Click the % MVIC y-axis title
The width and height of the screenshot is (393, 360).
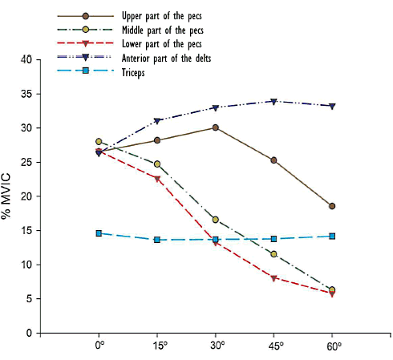click(x=7, y=196)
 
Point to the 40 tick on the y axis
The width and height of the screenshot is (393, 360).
click(x=26, y=59)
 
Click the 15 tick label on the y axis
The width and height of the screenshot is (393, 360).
click(x=26, y=231)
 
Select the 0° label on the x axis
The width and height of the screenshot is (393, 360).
click(x=99, y=347)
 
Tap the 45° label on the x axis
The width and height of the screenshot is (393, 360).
click(x=274, y=347)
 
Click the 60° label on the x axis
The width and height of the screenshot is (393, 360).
click(x=333, y=347)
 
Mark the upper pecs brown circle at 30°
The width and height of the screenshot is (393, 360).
click(x=216, y=127)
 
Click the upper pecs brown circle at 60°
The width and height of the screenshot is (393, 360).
click(x=332, y=206)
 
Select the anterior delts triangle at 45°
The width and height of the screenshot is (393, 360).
click(x=273, y=101)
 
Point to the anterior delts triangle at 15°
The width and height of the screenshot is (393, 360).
click(x=157, y=121)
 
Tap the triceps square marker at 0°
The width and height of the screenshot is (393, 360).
click(x=99, y=233)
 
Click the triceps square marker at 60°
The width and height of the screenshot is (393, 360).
click(x=332, y=236)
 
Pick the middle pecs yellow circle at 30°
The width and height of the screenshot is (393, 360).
click(x=216, y=220)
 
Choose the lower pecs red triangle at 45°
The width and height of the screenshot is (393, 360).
click(x=273, y=278)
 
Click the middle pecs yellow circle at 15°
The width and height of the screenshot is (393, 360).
click(x=157, y=164)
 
